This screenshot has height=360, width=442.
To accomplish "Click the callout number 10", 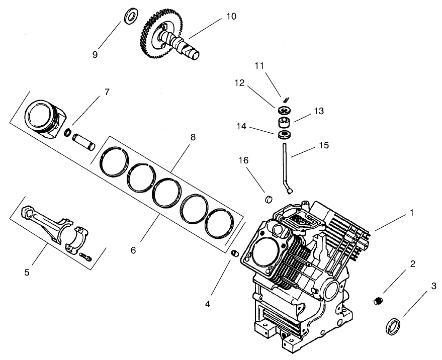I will point(231,16).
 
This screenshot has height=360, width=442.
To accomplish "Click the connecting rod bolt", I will point(86,256).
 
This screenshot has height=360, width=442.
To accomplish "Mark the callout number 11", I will point(259,66).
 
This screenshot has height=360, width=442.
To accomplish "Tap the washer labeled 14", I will point(284,134).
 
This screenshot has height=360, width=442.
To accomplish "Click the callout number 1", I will point(411,213).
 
